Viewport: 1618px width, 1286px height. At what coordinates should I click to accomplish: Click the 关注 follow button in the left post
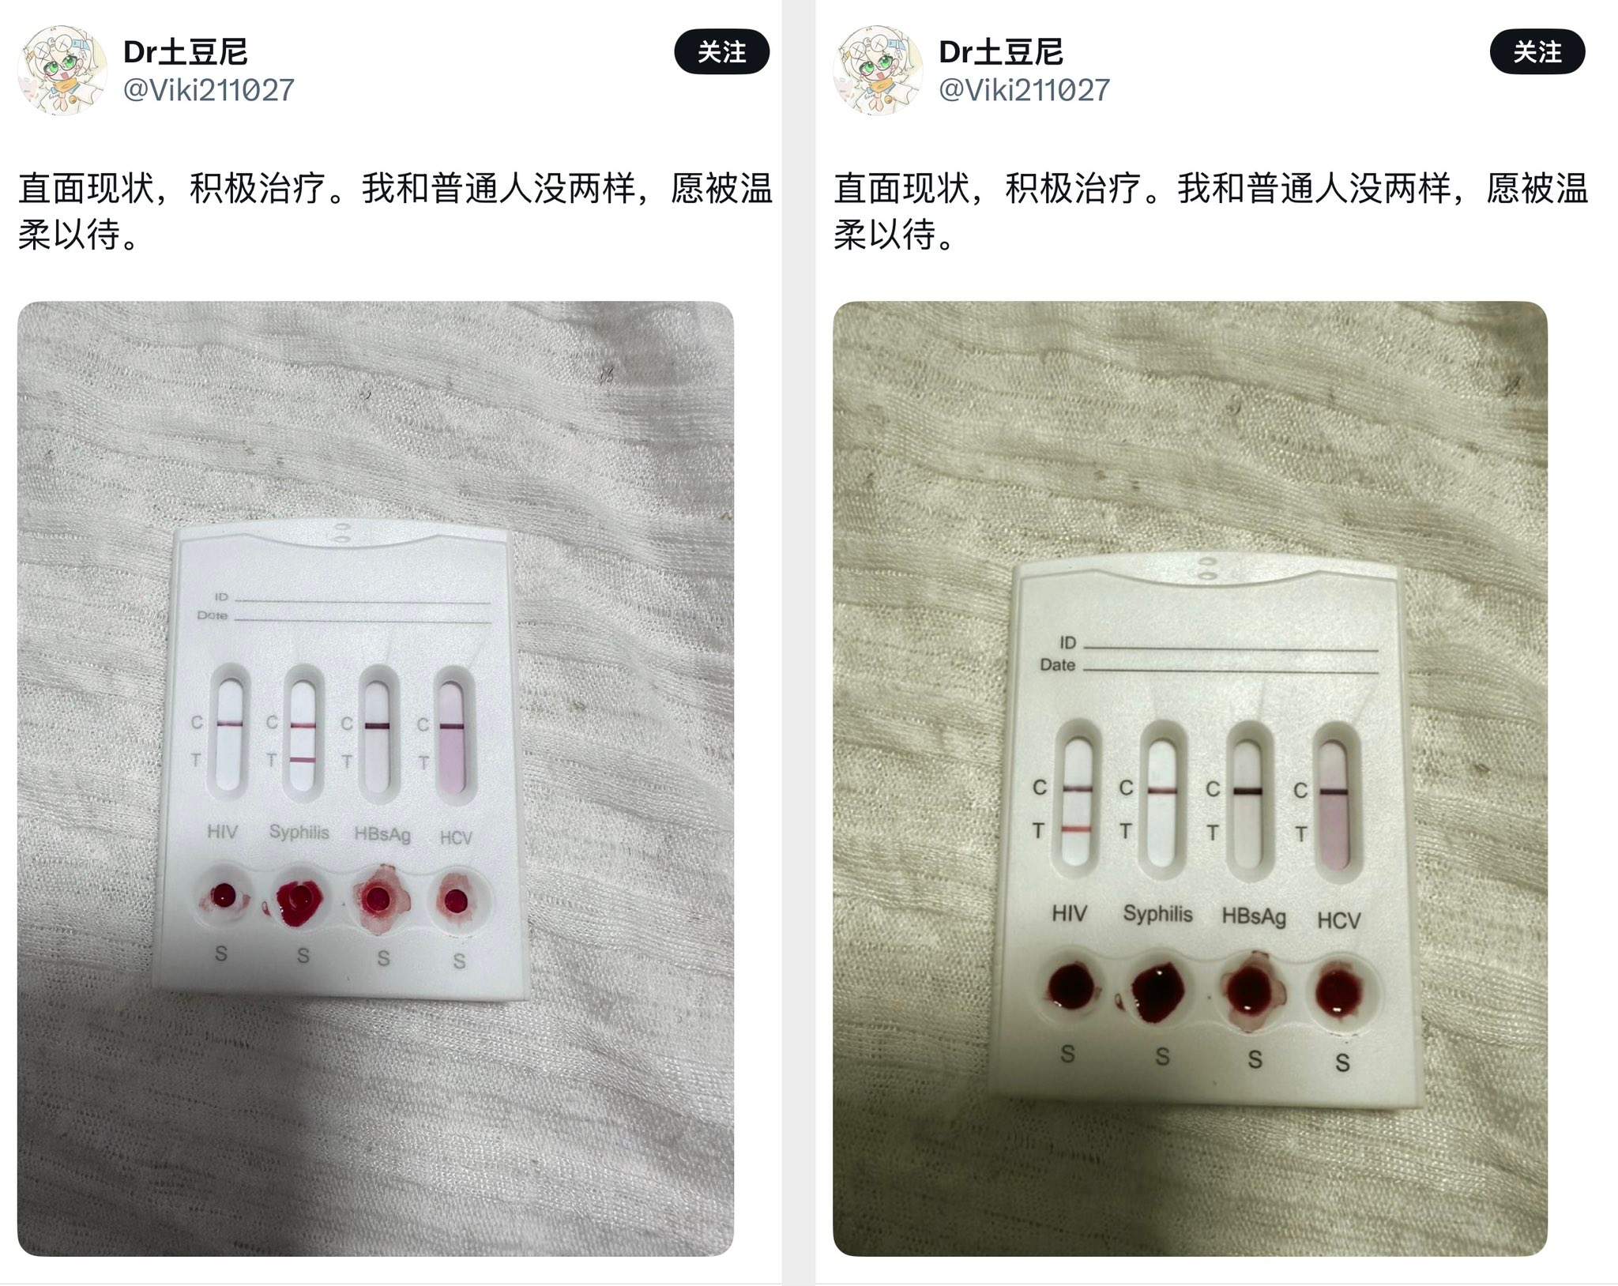point(721,52)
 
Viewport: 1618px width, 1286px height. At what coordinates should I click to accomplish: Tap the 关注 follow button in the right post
point(1537,52)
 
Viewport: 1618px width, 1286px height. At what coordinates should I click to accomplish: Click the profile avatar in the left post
point(62,70)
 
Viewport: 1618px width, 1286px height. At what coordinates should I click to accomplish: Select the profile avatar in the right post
point(878,70)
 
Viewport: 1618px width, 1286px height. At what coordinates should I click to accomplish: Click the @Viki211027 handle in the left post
point(209,90)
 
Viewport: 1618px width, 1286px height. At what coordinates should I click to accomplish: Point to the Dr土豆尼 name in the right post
point(1000,52)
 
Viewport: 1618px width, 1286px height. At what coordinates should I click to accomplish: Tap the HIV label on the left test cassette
point(222,831)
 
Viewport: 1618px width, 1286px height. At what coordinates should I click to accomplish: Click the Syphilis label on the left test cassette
point(299,833)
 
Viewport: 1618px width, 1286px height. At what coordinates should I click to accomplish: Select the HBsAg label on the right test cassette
point(1254,916)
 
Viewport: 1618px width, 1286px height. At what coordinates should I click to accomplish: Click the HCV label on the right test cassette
point(1338,920)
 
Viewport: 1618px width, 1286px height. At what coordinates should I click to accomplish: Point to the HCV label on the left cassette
point(456,837)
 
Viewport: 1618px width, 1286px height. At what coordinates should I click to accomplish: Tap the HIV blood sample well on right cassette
point(1071,987)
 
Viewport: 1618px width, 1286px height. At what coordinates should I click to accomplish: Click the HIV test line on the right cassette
point(1076,829)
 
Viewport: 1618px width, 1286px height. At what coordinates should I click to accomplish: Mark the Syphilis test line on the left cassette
point(303,760)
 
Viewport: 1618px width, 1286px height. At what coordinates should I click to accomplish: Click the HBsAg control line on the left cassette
point(377,725)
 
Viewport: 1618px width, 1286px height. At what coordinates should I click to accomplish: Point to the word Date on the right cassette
point(1057,665)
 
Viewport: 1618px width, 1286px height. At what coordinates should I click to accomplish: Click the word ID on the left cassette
point(221,596)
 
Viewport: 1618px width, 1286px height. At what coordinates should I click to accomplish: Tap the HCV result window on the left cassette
point(453,735)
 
